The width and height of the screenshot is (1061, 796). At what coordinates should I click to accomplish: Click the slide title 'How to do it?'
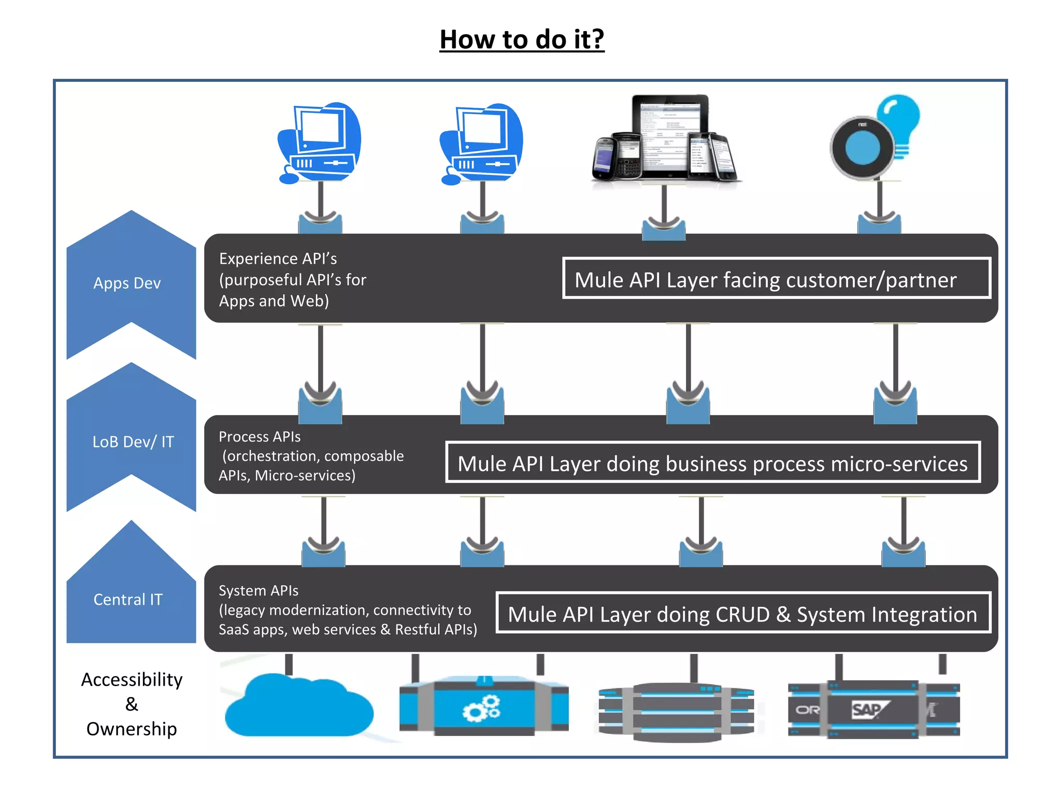point(522,39)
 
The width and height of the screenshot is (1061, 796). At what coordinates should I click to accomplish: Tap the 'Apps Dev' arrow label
point(127,283)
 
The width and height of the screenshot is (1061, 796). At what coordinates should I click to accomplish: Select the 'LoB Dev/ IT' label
point(133,442)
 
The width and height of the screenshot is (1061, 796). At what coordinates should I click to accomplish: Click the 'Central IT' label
point(128,600)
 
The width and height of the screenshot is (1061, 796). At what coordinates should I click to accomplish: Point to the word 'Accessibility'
point(132,679)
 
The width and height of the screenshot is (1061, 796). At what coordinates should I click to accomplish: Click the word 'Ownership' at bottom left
point(132,729)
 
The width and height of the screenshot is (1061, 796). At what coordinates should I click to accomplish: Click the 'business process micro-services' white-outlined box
point(712,463)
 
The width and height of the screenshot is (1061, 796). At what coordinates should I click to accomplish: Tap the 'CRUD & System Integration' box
point(742,614)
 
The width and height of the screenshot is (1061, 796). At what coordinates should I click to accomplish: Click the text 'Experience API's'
point(278,259)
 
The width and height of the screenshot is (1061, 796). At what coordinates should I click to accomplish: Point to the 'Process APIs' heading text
point(260,437)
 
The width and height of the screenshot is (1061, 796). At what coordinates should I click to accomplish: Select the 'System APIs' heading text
point(259,591)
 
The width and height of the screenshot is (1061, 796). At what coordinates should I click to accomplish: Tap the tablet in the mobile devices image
point(669,135)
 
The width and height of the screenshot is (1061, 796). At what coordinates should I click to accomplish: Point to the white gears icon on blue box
point(482,709)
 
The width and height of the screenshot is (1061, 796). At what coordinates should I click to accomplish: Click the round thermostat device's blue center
point(862,148)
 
